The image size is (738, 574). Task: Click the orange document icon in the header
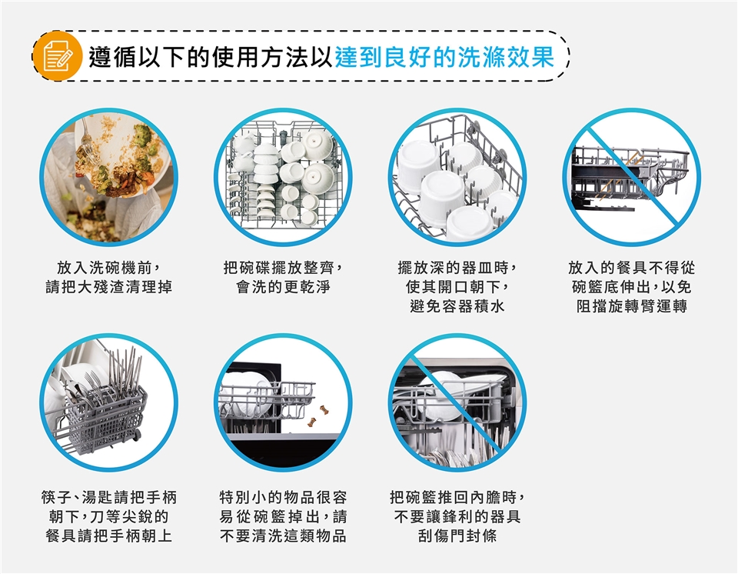point(57,55)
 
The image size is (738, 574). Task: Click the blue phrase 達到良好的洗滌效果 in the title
point(445,57)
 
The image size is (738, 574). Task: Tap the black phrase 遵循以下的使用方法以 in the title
point(211,57)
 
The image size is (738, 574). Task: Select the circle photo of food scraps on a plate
point(108,177)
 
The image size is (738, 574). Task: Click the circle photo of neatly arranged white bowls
point(283,177)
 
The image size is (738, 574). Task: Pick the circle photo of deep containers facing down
point(457,177)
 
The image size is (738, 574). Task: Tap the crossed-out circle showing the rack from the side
point(632,177)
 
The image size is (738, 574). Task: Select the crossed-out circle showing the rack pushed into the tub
point(457,402)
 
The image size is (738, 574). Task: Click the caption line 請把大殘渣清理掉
point(108,286)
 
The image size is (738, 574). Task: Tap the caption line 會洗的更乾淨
point(283,286)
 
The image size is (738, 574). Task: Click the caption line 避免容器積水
point(457,305)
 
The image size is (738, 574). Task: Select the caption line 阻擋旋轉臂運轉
point(632,305)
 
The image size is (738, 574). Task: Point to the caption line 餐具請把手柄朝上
point(108,536)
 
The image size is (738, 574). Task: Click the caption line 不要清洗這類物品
point(283,536)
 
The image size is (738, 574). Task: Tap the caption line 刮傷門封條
point(457,536)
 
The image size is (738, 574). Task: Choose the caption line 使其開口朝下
point(457,286)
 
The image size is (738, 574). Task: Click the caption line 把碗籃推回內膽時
point(457,497)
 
